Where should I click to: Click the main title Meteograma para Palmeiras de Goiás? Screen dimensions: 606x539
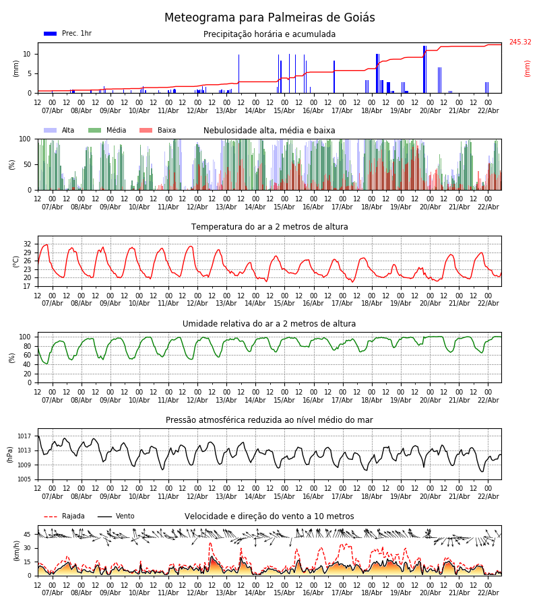tap(269, 18)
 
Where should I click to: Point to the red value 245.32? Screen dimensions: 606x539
tap(519, 42)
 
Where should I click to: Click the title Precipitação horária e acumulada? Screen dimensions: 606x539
tap(269, 34)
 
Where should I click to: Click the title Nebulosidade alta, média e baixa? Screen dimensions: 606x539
tap(269, 131)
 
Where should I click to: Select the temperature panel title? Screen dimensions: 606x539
tap(269, 227)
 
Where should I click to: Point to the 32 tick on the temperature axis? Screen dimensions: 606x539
tap(28, 244)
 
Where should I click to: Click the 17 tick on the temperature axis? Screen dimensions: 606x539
tap(28, 286)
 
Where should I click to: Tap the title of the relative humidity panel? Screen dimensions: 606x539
tap(269, 324)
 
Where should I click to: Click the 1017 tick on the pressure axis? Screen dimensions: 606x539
tap(24, 436)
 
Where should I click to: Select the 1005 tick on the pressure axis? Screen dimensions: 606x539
tap(24, 479)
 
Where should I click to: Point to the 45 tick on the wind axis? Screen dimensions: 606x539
tap(28, 535)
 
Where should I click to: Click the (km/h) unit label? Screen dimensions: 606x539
tap(16, 551)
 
